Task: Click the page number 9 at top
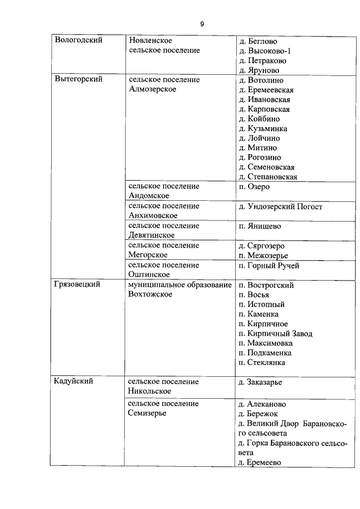click(x=201, y=24)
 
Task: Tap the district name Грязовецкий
click(x=77, y=285)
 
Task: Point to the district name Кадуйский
click(x=73, y=381)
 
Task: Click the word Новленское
click(x=150, y=40)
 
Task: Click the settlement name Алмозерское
click(x=152, y=89)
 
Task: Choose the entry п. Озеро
click(x=254, y=186)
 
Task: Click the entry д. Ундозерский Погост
click(x=280, y=206)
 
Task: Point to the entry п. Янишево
click(x=260, y=226)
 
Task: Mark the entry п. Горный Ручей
click(x=269, y=265)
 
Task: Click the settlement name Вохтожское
click(x=150, y=294)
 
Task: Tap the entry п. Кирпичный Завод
click(x=276, y=334)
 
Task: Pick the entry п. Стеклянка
click(x=262, y=362)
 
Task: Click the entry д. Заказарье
click(x=260, y=382)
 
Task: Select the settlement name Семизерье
click(x=148, y=413)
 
